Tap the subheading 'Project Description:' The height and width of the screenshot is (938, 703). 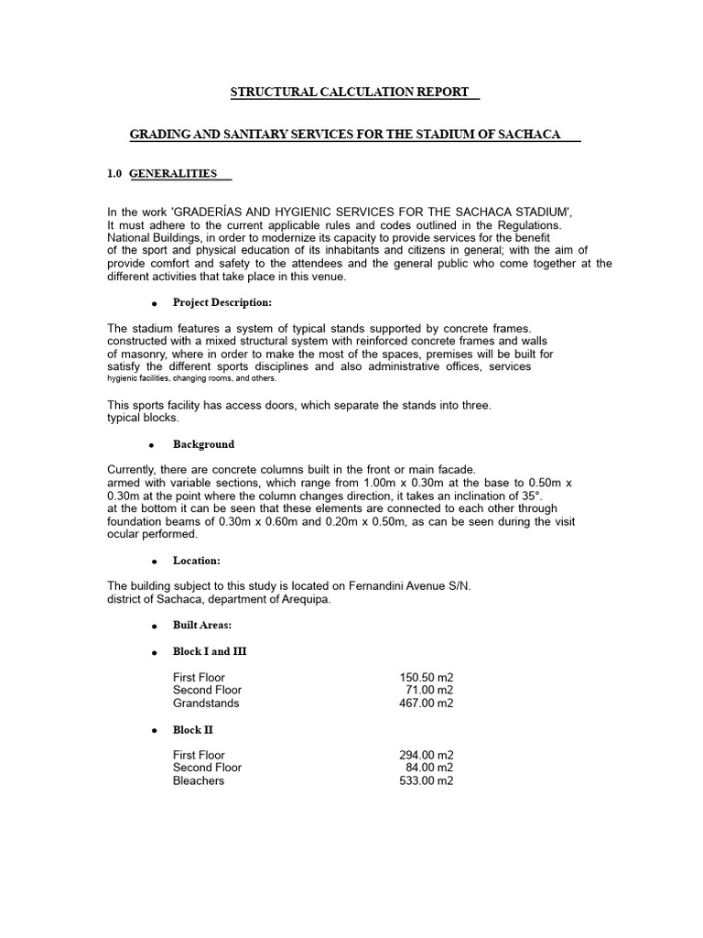click(222, 302)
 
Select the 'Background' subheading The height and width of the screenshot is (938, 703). click(203, 444)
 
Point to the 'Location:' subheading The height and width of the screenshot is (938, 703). click(196, 561)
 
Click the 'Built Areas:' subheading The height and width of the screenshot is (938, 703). click(201, 625)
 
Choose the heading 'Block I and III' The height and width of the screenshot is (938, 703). click(210, 651)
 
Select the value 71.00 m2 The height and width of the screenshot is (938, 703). click(429, 691)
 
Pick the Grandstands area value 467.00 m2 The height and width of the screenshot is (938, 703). click(426, 703)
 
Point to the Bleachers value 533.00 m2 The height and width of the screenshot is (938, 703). click(426, 781)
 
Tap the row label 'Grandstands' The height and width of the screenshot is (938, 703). click(206, 703)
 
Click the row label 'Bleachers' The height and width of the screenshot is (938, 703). click(199, 781)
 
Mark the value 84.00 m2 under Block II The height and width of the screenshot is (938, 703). click(429, 769)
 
